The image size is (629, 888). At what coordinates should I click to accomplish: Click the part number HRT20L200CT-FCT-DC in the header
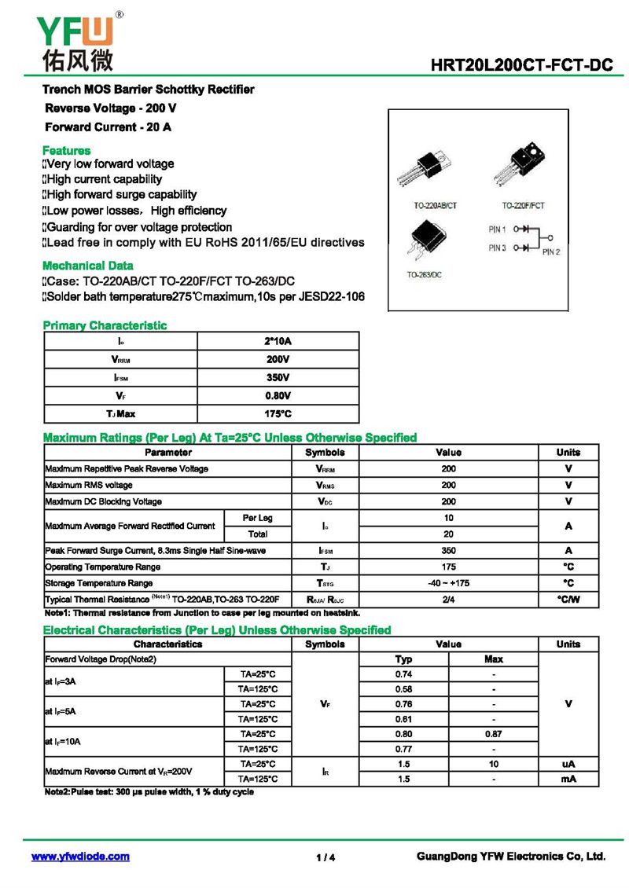pos(521,66)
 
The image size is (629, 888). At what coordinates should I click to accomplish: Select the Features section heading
pos(66,150)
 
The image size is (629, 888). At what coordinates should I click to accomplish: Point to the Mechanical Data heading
pos(87,266)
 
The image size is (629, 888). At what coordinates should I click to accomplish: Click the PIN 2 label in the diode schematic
pos(550,252)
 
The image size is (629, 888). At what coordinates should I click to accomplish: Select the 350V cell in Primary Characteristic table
pos(278,377)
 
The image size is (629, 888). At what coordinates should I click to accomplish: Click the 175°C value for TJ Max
pos(278,413)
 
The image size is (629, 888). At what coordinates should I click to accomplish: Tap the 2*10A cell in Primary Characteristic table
pos(278,341)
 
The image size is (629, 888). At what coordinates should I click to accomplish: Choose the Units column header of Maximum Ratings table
pos(568,453)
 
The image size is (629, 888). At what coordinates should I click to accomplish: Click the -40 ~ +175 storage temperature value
pos(448,583)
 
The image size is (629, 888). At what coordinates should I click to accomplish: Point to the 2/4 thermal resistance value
pos(448,600)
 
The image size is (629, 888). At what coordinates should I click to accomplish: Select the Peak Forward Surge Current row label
pos(155,551)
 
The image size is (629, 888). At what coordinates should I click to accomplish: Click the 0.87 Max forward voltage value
pos(493,734)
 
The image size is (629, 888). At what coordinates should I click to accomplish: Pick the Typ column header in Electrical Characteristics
pos(403,659)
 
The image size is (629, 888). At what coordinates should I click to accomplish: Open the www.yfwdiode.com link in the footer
pos(80,857)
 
